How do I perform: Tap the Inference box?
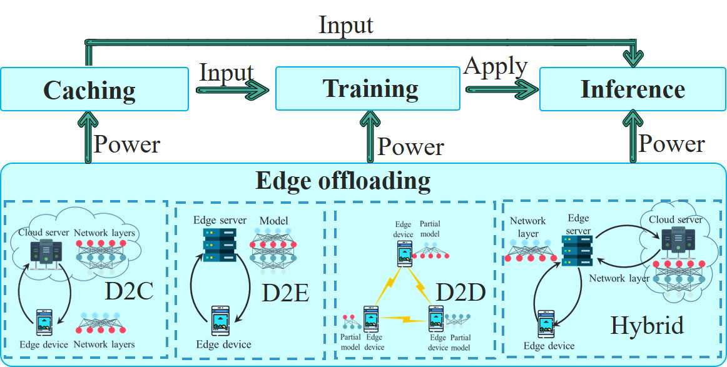[x=632, y=89]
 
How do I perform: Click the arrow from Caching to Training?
[x=231, y=91]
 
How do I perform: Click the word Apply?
[x=496, y=66]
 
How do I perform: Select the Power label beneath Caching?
[x=127, y=144]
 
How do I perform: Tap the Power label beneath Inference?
[x=671, y=144]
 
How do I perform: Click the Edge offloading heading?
[x=343, y=181]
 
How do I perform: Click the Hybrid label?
[x=647, y=325]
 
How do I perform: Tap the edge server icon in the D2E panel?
[x=220, y=244]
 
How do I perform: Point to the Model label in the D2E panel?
[x=273, y=221]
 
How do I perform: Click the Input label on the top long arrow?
[x=345, y=25]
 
